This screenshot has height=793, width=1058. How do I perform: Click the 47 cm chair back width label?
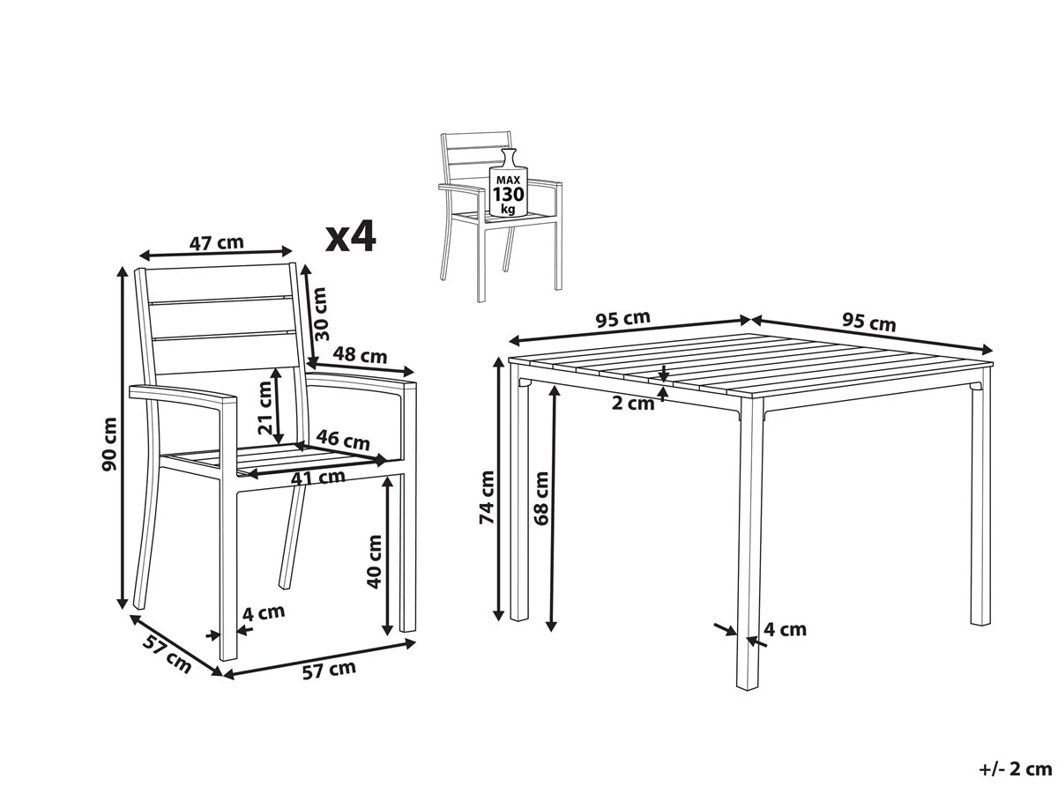pos(216,242)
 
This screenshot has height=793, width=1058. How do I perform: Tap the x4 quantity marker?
pos(350,236)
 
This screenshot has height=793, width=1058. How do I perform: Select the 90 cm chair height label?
pos(110,444)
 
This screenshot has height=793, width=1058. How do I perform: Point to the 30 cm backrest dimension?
pos(319,314)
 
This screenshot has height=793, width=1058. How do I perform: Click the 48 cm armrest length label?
pos(360,355)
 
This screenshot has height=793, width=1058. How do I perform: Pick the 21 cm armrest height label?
pos(265,408)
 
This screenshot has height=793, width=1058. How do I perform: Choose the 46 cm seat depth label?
pos(343,440)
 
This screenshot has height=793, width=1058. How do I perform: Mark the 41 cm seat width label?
pos(318,478)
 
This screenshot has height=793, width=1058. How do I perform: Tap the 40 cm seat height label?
pos(375,561)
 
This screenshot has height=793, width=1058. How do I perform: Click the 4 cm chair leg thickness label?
pos(263,613)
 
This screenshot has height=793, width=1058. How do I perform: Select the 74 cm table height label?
pos(487,497)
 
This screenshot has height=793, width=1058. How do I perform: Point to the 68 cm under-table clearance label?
pos(540,499)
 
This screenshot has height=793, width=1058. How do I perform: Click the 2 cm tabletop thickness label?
pos(633,403)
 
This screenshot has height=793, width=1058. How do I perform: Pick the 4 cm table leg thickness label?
pos(785,629)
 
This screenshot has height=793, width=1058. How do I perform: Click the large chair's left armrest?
pos(183,395)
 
